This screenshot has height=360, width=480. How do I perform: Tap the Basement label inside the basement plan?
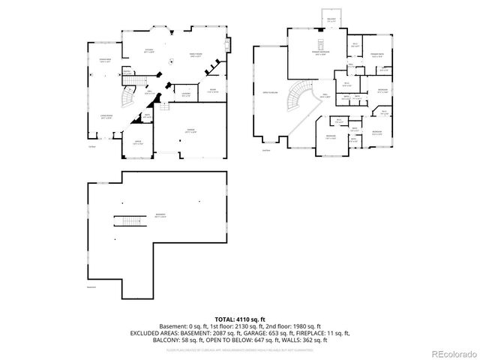pyautogui.click(x=160, y=215)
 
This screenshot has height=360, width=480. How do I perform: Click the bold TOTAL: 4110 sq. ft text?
pyautogui.click(x=240, y=320)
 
